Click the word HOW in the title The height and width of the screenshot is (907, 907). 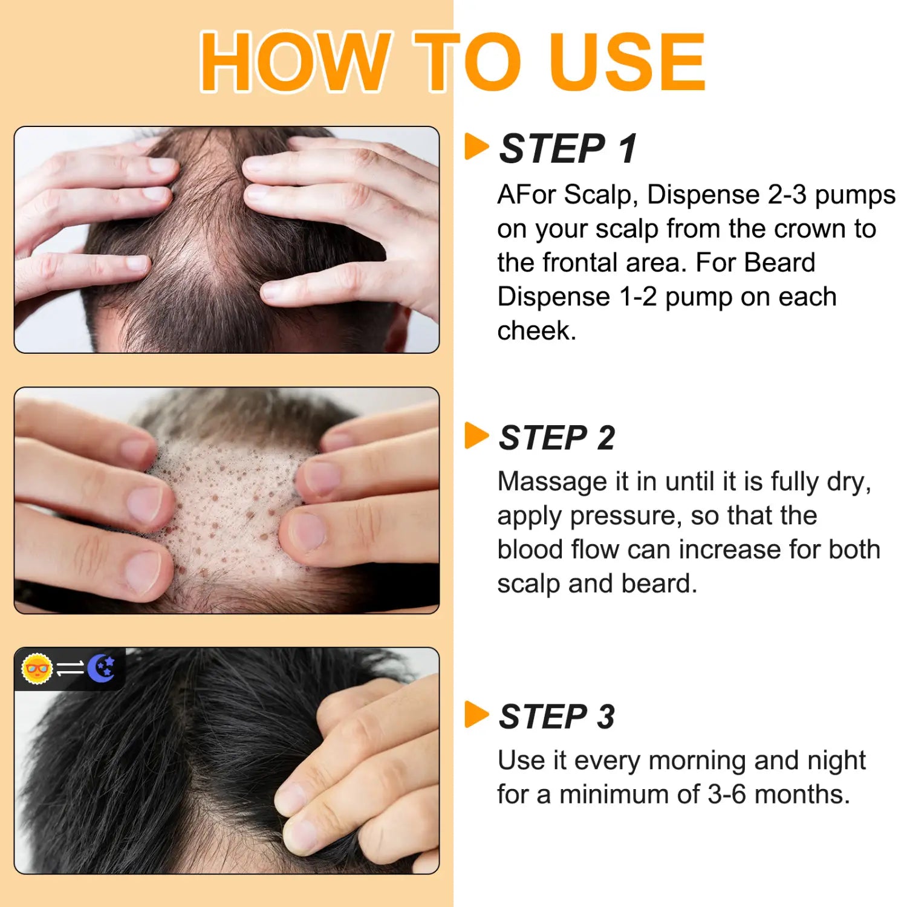(294, 62)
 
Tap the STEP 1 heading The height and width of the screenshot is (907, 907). (568, 149)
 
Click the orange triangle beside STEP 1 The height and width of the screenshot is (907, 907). (476, 147)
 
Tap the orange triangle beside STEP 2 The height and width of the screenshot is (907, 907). (476, 436)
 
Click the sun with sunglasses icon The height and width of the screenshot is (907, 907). (37, 669)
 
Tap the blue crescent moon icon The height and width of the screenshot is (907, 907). (102, 669)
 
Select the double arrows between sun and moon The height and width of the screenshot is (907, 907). (70, 669)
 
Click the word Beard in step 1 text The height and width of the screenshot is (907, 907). (779, 263)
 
